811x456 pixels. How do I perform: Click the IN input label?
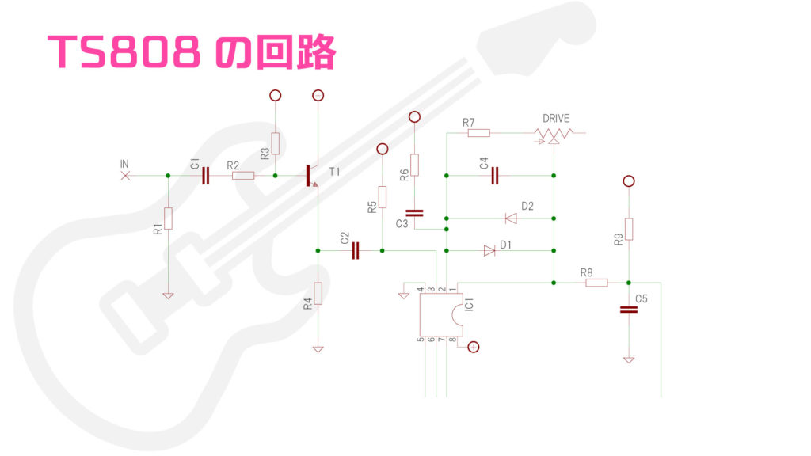pos(124,164)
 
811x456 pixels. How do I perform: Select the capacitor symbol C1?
pos(206,176)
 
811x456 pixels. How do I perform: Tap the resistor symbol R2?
pos(243,176)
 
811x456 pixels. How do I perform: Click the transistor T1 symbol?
pos(310,176)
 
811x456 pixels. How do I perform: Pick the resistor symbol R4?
pos(318,294)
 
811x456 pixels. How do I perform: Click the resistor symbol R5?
pos(382,196)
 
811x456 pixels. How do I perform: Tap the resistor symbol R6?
pos(413,165)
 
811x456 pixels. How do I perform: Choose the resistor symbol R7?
pos(478,133)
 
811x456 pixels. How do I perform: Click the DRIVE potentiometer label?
pos(556,119)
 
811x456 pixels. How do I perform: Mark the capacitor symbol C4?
pos(495,176)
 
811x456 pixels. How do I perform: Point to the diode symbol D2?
pos(510,218)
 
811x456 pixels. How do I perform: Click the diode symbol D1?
pos(489,251)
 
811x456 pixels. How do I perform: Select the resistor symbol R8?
pos(596,283)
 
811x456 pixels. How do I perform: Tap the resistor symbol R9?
pos(628,229)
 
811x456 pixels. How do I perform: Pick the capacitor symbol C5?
pos(628,310)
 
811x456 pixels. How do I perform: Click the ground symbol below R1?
pos(168,296)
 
